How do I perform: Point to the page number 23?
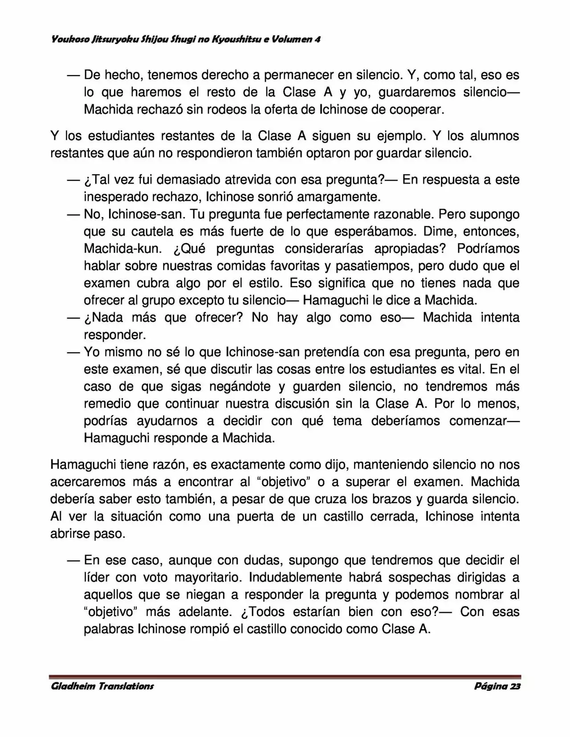(x=515, y=686)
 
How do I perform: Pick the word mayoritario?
(x=207, y=577)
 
